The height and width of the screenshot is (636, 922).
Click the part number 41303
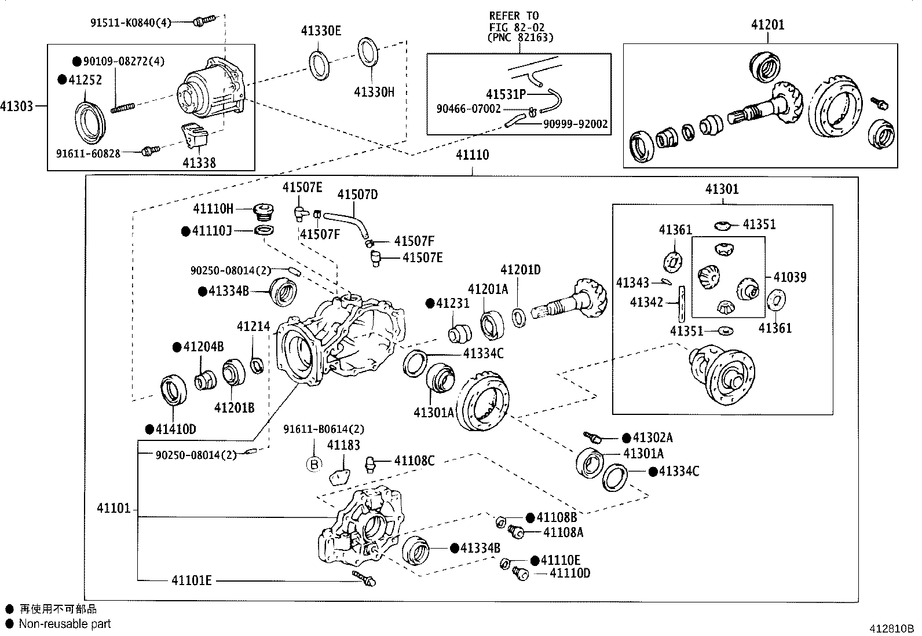(16, 106)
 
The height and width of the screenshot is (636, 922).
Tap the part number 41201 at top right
(768, 24)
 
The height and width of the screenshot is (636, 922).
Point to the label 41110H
(213, 208)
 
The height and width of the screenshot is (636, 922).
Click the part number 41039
(790, 277)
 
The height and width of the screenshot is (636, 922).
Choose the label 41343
(632, 283)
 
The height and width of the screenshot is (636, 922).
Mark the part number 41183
(343, 445)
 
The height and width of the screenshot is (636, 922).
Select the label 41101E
(191, 580)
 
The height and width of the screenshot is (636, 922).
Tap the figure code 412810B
(890, 628)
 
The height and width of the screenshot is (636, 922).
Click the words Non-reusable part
(65, 624)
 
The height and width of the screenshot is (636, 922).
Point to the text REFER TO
(514, 16)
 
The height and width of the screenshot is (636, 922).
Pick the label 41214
(253, 326)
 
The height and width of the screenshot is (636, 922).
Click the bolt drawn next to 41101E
(365, 577)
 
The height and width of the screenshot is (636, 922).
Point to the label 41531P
(506, 94)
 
